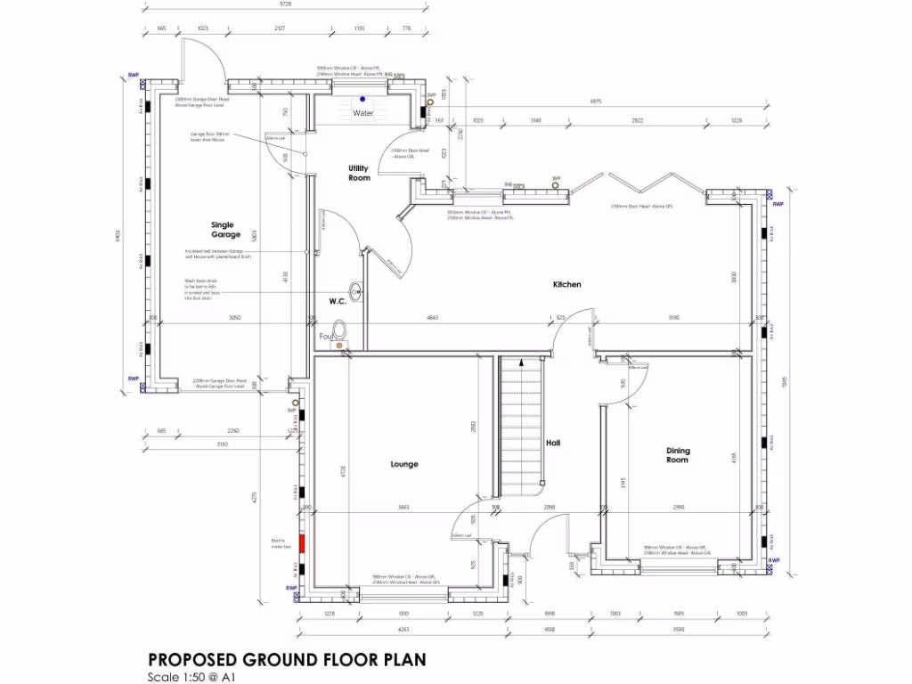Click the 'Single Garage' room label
(225, 229)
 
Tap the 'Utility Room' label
(359, 173)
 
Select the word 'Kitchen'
(567, 285)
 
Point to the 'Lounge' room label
(403, 464)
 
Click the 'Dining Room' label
(678, 455)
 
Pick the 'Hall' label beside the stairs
(552, 443)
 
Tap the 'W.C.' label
(338, 302)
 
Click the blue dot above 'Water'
(362, 99)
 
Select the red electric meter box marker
(302, 543)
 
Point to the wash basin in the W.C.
(357, 290)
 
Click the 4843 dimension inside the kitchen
(432, 317)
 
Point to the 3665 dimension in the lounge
(403, 508)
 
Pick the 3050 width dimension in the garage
(233, 317)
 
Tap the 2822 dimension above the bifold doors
(638, 120)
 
